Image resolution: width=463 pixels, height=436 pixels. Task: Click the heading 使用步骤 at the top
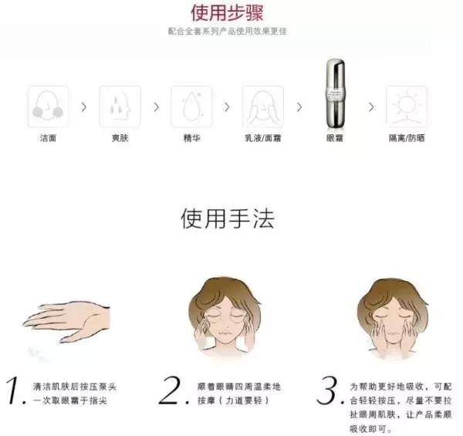click(231, 13)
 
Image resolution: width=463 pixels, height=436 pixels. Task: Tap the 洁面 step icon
click(48, 106)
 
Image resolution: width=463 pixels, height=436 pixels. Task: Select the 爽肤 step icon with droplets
click(120, 106)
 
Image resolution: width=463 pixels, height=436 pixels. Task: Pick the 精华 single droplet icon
click(191, 106)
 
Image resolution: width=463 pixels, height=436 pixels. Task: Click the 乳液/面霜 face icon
click(262, 106)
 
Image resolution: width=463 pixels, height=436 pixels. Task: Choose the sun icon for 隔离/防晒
click(406, 106)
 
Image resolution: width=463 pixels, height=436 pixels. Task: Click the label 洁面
click(48, 138)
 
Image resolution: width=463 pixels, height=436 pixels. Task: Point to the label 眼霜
click(334, 138)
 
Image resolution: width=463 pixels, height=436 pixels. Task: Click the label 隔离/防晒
click(406, 138)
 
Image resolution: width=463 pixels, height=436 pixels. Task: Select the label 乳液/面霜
click(262, 138)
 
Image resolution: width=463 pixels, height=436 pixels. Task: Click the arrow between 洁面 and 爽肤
click(83, 106)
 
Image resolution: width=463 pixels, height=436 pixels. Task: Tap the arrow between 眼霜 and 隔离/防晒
click(370, 106)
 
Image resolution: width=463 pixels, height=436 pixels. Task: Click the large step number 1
click(13, 392)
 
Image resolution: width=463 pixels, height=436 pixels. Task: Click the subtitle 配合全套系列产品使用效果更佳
click(231, 32)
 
